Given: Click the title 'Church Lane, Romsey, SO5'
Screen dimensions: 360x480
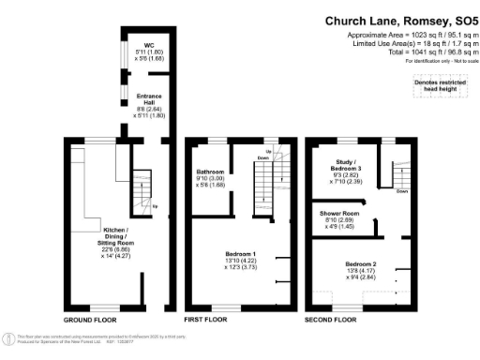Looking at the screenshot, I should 399,20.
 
